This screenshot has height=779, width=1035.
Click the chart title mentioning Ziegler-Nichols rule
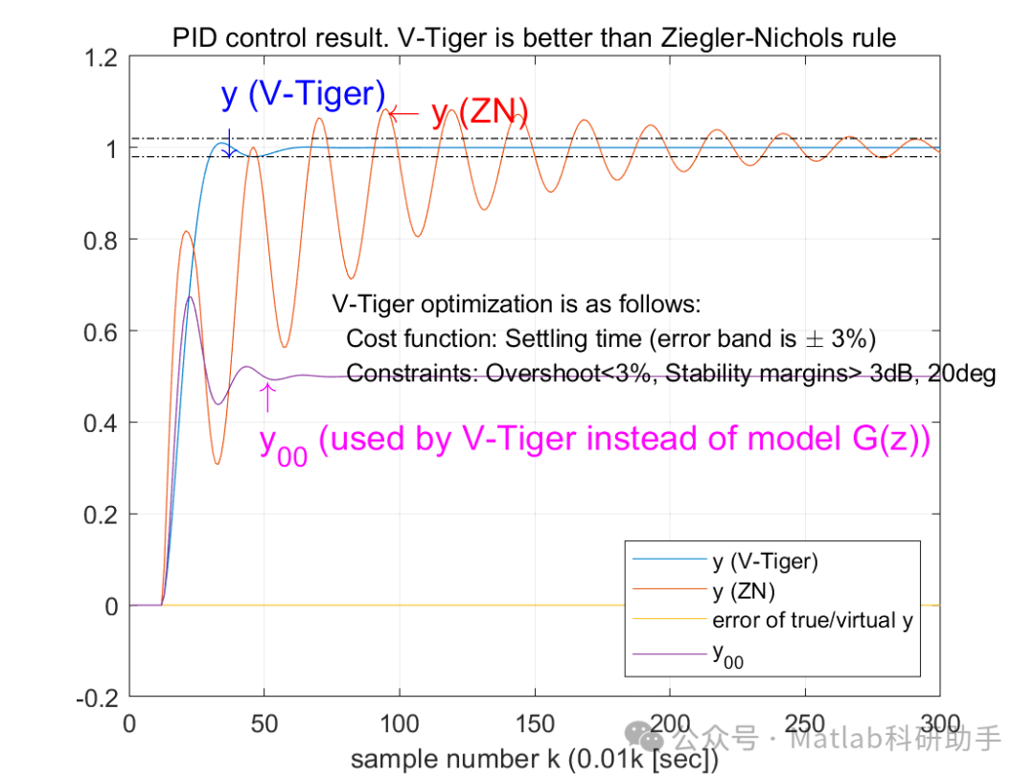(534, 38)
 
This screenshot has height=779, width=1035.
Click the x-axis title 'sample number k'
(534, 760)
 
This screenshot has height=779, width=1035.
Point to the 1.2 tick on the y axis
(101, 57)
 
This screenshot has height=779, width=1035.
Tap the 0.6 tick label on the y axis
(101, 332)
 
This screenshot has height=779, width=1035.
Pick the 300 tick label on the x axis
(939, 723)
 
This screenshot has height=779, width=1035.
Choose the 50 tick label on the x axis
(264, 723)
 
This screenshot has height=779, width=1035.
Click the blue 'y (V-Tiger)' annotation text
(303, 95)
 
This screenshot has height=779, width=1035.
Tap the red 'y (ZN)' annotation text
(480, 113)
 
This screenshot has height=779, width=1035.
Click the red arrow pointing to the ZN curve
(404, 113)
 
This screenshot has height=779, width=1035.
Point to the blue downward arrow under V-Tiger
(228, 143)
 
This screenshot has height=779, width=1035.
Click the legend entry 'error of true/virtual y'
(813, 620)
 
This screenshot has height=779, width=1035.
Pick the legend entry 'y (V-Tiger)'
(765, 561)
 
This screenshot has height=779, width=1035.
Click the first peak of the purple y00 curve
(191, 297)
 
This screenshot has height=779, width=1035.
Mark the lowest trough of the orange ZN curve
(218, 465)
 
